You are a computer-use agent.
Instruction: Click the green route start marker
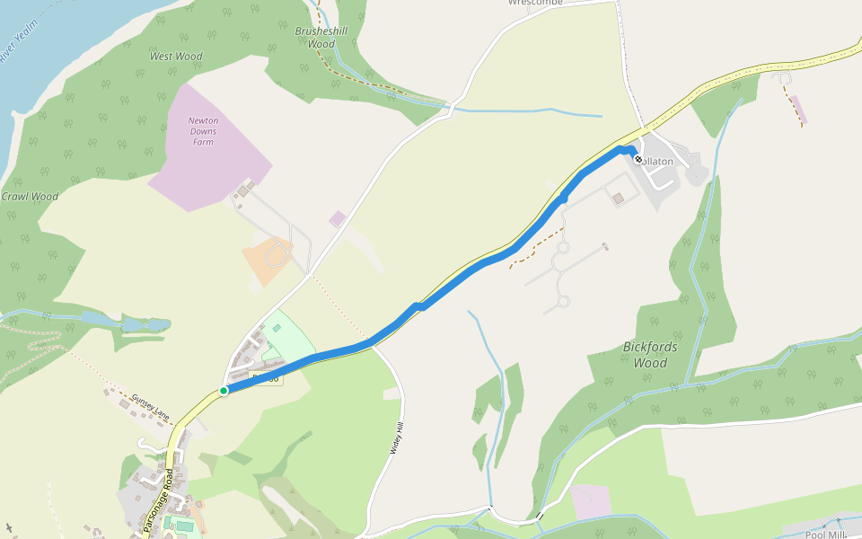[223, 391]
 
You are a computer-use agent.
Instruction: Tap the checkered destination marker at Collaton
[638, 159]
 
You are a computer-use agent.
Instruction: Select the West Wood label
[176, 57]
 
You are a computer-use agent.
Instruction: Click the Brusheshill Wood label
[321, 37]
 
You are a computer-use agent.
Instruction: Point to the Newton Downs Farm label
[202, 131]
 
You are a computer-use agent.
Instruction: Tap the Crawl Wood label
[30, 197]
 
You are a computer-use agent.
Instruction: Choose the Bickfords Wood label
[650, 355]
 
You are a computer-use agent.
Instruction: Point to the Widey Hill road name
[395, 439]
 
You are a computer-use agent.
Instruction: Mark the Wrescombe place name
[535, 3]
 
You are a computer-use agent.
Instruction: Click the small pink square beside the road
[338, 218]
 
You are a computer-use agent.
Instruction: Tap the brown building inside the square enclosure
[618, 199]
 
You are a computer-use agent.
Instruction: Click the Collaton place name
[657, 162]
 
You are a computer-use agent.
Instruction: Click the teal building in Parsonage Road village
[183, 525]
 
